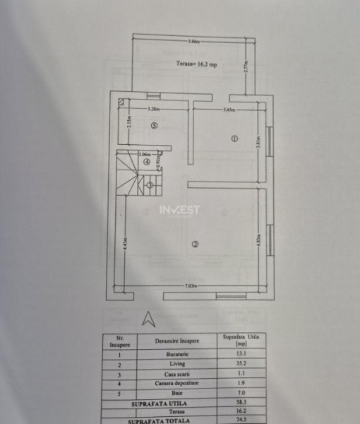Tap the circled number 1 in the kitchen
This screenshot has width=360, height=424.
(x=234, y=139)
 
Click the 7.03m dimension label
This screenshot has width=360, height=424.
(x=191, y=285)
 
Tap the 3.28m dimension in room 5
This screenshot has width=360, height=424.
(x=153, y=110)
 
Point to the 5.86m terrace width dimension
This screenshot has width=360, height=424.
(x=193, y=41)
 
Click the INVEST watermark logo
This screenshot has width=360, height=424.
(x=179, y=210)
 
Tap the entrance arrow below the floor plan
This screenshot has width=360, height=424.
(x=148, y=319)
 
